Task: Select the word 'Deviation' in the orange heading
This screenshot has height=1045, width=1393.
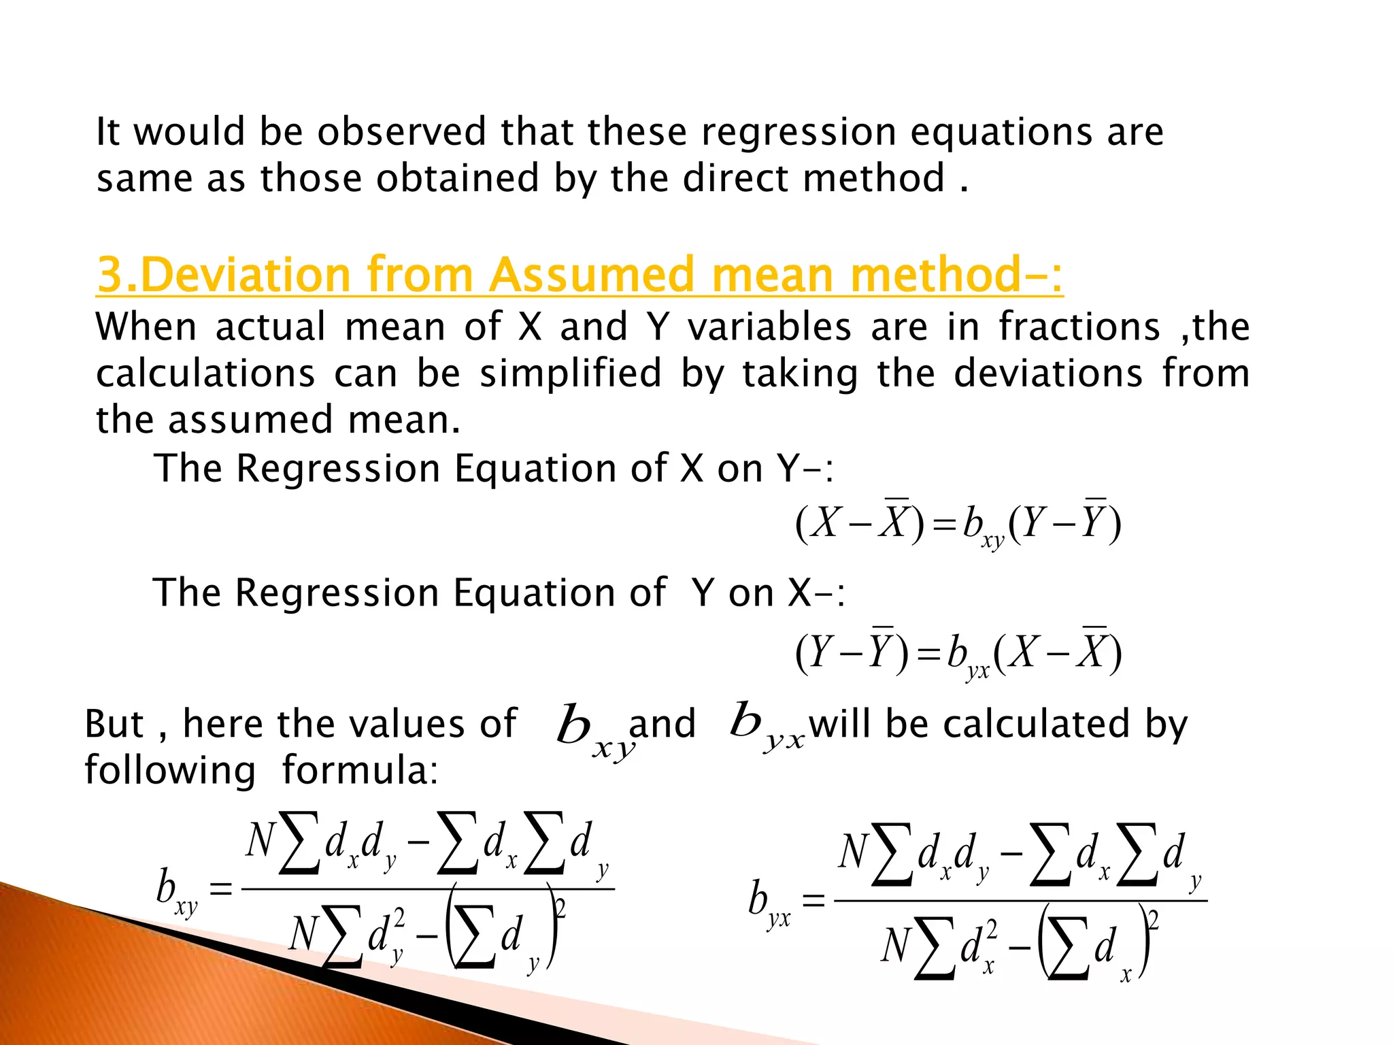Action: tap(248, 275)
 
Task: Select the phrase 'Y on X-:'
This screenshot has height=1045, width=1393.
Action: tap(769, 593)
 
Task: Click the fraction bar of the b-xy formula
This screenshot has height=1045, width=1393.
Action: tap(428, 889)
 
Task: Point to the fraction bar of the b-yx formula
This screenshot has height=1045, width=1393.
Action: tap(1020, 901)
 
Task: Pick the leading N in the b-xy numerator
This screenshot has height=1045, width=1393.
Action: tap(261, 841)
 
